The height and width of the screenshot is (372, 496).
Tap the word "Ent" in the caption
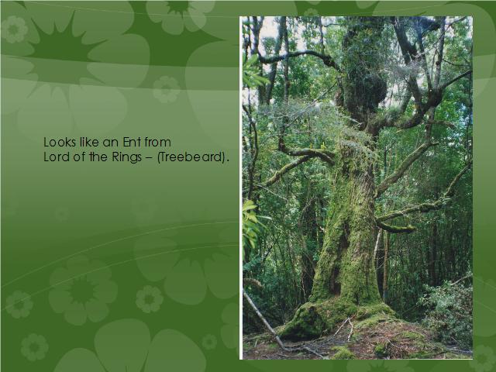point(132,142)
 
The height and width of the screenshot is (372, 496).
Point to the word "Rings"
point(126,157)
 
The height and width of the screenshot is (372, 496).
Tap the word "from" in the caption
point(158,142)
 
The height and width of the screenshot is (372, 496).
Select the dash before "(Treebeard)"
point(149,157)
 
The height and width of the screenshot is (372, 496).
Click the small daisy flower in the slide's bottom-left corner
point(34,347)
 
